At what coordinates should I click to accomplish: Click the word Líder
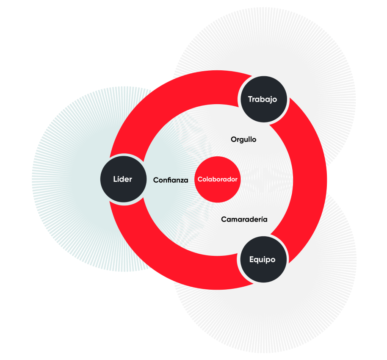(x=122, y=179)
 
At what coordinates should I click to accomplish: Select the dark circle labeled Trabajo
(x=264, y=99)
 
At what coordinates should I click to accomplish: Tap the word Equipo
(x=262, y=260)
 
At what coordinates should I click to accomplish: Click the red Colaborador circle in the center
(x=218, y=180)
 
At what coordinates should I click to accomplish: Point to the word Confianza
(x=171, y=180)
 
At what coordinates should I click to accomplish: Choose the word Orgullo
(x=243, y=139)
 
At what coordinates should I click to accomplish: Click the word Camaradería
(x=244, y=219)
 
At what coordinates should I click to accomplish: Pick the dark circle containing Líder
(x=123, y=179)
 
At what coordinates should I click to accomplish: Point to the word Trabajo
(x=263, y=99)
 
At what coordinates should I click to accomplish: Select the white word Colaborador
(x=218, y=179)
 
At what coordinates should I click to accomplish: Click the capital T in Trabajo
(x=250, y=99)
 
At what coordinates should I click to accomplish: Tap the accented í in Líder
(x=118, y=179)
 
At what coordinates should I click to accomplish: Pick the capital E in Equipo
(x=252, y=259)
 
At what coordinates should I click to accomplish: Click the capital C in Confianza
(x=156, y=180)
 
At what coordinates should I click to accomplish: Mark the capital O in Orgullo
(x=234, y=139)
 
